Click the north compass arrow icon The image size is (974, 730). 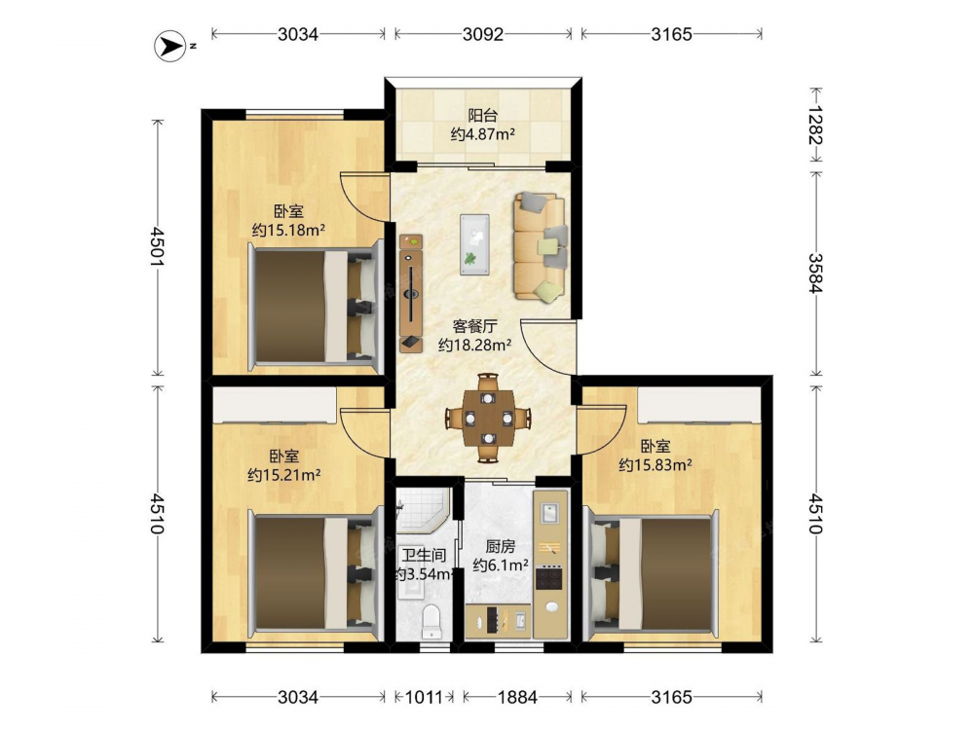pos(169,46)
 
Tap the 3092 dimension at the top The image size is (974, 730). pos(483,34)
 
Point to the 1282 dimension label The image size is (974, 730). pos(815,125)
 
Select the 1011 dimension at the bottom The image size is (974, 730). pos(425,697)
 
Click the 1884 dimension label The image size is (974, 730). pos(517,697)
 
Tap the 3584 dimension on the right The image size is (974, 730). pos(815,274)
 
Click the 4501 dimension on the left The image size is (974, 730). pos(157,246)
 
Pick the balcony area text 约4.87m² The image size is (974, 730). pos(483,133)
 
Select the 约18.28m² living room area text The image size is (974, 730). pos(474,346)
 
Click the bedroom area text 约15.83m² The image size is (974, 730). pos(656,465)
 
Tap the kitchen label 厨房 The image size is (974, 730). pos(500,547)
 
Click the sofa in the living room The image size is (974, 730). pos(541,247)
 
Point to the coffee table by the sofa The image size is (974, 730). pos(474,244)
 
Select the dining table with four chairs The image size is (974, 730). pos(488,418)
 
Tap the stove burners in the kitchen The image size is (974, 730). pos(549,578)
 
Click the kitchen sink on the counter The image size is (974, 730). pos(550,513)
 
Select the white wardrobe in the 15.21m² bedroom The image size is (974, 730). pos(275,405)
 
